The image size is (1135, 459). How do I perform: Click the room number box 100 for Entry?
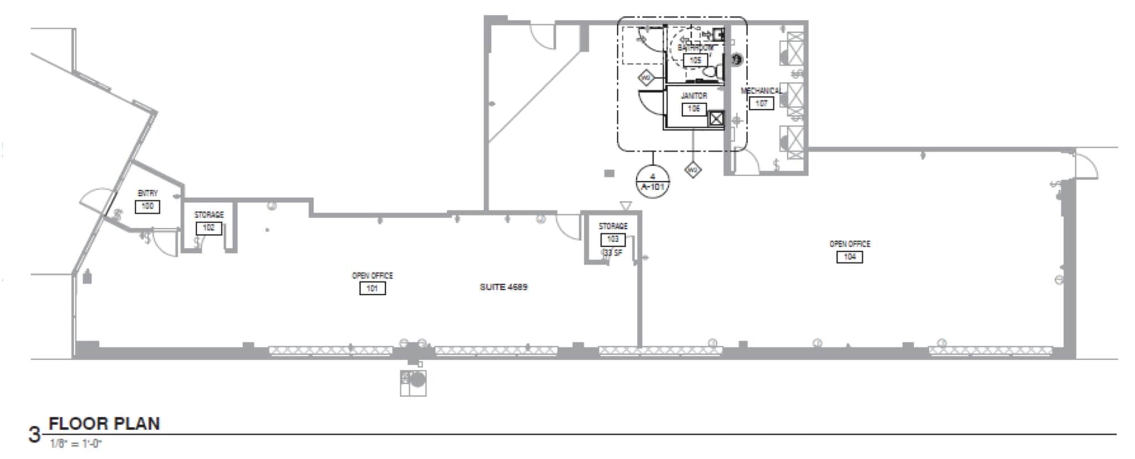tap(147, 207)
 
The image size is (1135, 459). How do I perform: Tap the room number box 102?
tap(209, 228)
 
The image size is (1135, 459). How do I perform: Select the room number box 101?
tap(372, 288)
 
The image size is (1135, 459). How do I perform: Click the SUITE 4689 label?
tap(503, 287)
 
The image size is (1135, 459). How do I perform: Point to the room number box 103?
tap(613, 239)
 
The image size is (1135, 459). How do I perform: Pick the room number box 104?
tap(850, 257)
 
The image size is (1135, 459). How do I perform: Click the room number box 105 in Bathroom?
tap(695, 60)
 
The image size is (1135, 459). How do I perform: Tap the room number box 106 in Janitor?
tap(694, 109)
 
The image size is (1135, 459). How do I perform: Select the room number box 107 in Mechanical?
tap(761, 104)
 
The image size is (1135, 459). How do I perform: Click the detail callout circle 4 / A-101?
tap(653, 181)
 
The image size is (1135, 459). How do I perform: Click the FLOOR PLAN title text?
tap(104, 424)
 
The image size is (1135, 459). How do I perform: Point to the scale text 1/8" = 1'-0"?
tap(76, 444)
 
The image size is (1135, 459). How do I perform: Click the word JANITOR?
tap(694, 96)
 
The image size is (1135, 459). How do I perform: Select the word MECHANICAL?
tap(761, 91)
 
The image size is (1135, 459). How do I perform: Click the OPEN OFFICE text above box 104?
tap(850, 244)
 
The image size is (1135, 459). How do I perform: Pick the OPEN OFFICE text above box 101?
tap(372, 276)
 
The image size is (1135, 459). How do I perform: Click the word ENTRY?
tap(147, 193)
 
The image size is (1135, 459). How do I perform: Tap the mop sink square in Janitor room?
tap(716, 119)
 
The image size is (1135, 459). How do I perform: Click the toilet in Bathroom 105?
tap(710, 72)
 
